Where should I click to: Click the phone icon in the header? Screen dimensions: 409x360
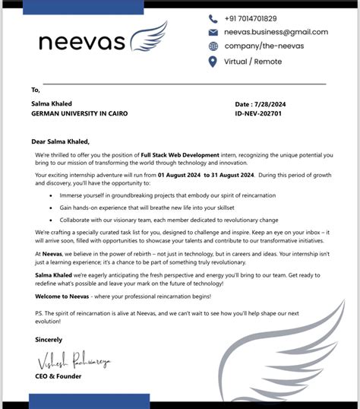coord(213,18)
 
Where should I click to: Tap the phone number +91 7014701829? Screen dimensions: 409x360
coord(251,18)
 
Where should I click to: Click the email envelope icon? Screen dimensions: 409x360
coord(213,33)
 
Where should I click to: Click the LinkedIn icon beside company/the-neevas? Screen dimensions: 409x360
coord(213,47)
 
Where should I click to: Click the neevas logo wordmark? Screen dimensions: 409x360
coord(81,42)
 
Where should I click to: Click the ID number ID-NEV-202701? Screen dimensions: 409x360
coord(260,113)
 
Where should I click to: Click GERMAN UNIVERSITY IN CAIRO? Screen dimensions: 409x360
coord(79,113)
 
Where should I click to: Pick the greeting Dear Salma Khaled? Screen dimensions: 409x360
coord(60,141)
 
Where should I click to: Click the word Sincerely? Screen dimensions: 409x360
coord(47,339)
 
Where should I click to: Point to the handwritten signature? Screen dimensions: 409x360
coord(71,360)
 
